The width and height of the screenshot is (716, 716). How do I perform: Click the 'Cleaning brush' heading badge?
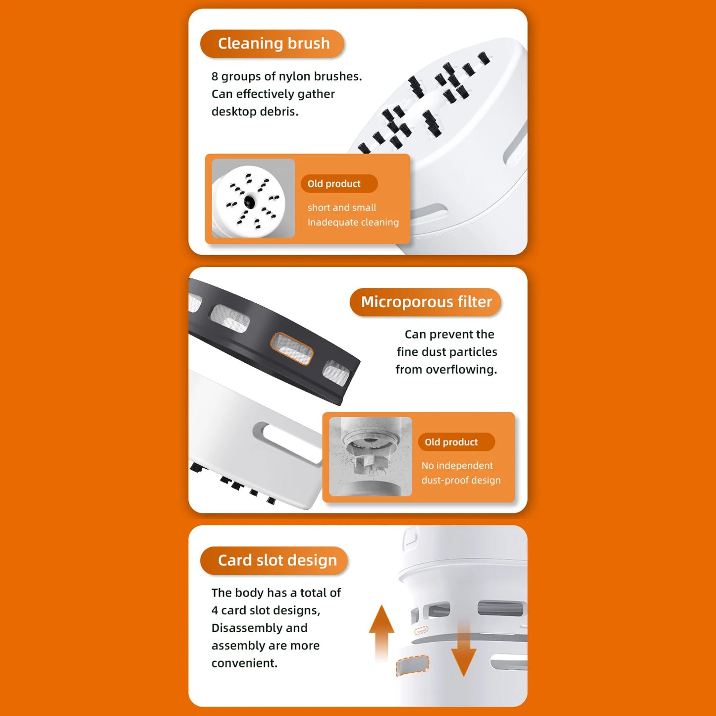click(x=272, y=44)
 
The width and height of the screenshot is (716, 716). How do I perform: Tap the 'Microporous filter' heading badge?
click(x=426, y=302)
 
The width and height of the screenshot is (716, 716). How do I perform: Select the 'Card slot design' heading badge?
click(x=274, y=560)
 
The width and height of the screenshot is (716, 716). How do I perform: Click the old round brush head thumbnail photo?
click(x=253, y=198)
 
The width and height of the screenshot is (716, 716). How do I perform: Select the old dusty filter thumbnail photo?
click(x=371, y=456)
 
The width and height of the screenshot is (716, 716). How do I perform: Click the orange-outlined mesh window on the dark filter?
click(x=292, y=348)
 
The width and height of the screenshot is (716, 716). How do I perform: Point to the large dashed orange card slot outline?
click(x=412, y=665)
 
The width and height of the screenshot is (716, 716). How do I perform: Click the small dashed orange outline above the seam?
click(x=421, y=630)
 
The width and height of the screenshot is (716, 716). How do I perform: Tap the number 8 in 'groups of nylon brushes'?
click(x=215, y=76)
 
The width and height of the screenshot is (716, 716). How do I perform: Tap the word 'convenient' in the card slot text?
click(x=244, y=663)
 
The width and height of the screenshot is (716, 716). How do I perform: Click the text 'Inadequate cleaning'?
click(x=353, y=222)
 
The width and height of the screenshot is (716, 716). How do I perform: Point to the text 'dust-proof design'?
click(x=461, y=480)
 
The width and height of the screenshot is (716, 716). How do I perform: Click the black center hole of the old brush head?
click(x=249, y=202)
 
